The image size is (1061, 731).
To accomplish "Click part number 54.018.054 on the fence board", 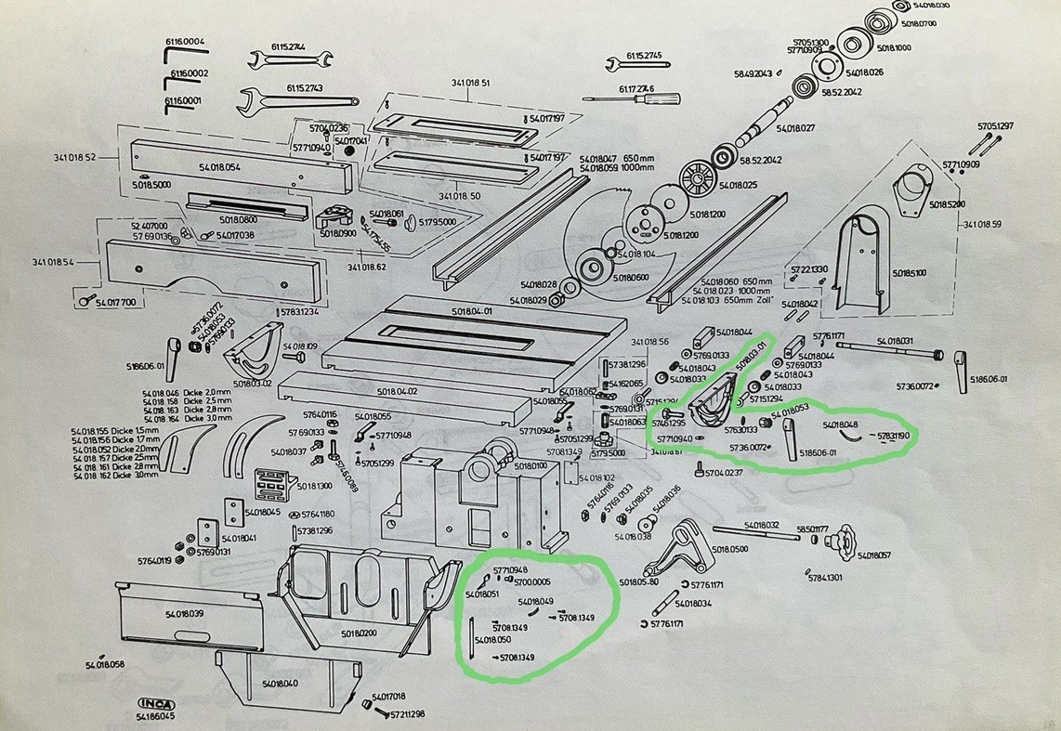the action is [x=219, y=166].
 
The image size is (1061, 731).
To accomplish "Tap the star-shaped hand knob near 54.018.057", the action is [x=844, y=538].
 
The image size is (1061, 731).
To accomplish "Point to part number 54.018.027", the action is [x=794, y=127].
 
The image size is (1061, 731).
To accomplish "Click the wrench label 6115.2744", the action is [x=289, y=46].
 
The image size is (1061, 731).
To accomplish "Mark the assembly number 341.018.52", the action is [x=73, y=157].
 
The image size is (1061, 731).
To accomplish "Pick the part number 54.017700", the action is [x=115, y=302].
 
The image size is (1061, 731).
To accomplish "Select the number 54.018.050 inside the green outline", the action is [x=492, y=640].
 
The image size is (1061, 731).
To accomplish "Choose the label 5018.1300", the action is [x=314, y=485].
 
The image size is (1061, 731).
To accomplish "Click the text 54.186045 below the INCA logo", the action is [x=156, y=717].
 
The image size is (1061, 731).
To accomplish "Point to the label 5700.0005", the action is [x=532, y=581].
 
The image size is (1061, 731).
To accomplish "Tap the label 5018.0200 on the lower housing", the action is [x=358, y=633].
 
